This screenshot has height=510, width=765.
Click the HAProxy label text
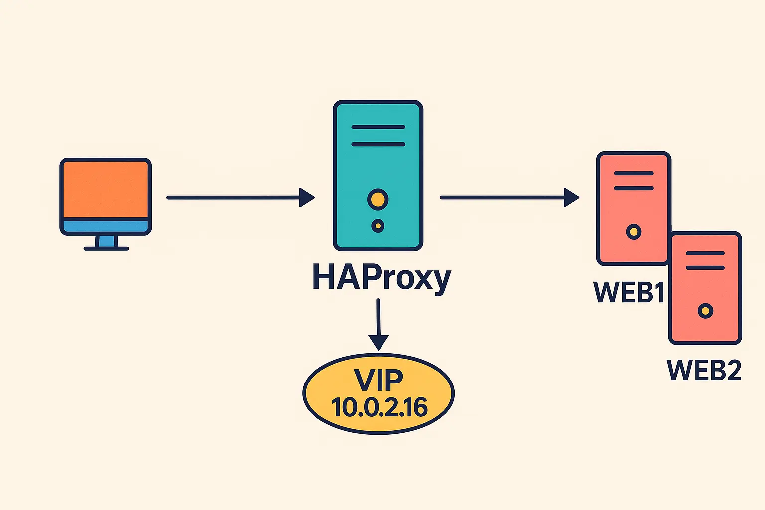click(x=381, y=278)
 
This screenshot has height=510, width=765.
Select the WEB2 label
click(x=704, y=370)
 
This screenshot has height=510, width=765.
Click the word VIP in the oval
click(x=379, y=380)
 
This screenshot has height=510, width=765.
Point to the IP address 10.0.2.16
click(x=380, y=408)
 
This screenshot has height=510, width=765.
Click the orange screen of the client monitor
click(x=106, y=189)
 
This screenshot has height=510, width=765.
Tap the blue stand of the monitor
click(x=106, y=241)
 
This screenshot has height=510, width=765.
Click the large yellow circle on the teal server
click(x=378, y=199)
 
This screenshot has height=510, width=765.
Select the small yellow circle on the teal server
click(x=378, y=226)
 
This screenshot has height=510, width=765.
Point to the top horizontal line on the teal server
click(x=378, y=127)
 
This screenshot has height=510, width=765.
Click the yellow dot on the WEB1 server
click(x=634, y=232)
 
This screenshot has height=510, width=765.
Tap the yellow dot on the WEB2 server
click(x=705, y=311)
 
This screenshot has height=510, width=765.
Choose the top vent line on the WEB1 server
click(x=634, y=174)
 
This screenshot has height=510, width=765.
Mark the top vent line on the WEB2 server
click(x=705, y=253)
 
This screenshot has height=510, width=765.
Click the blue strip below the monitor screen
click(x=106, y=226)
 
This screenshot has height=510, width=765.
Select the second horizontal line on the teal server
click(x=378, y=145)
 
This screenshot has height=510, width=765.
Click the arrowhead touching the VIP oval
click(x=379, y=343)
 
